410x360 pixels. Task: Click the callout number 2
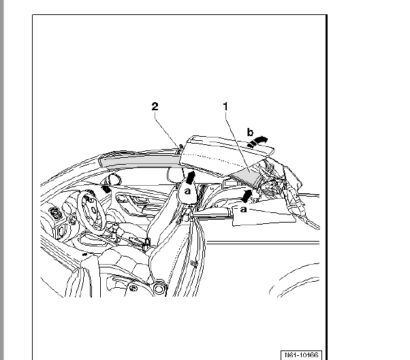(155, 106)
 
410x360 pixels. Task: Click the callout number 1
(225, 106)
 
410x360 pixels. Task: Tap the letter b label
(250, 132)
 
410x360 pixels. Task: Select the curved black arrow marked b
(257, 142)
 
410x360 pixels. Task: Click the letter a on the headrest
(187, 191)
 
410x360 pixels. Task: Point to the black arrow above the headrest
(191, 178)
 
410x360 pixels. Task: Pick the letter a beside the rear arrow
(243, 210)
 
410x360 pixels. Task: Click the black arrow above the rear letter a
(247, 196)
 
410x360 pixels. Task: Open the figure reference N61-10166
(301, 355)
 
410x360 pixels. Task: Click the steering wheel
(91, 209)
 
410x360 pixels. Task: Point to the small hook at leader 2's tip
(180, 148)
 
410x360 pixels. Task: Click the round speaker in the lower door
(159, 288)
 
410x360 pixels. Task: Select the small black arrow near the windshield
(106, 189)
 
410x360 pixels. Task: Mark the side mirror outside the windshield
(114, 179)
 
